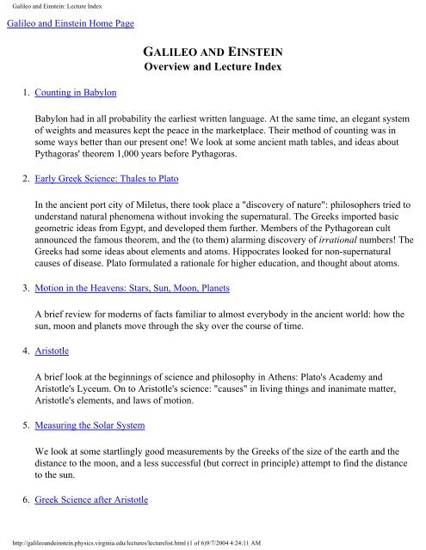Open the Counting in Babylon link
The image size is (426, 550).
[77, 90]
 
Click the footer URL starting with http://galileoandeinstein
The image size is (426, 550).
[120, 542]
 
